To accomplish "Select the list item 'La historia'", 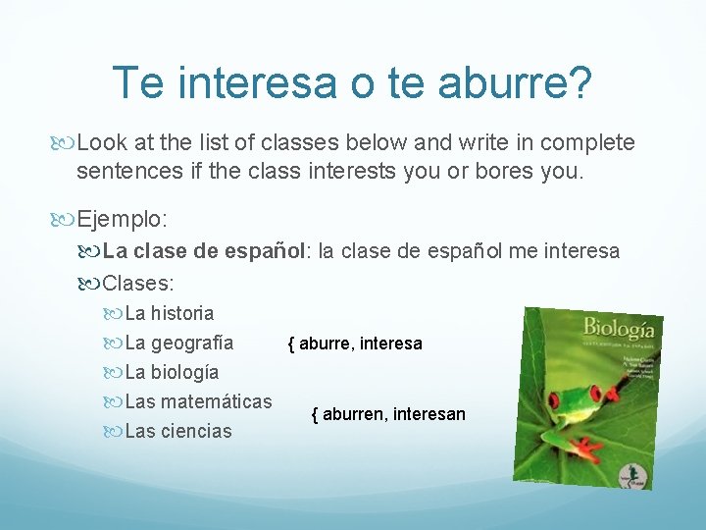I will pyautogui.click(x=170, y=313).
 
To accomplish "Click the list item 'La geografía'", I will pyautogui.click(x=179, y=343).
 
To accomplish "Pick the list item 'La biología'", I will pyautogui.click(x=173, y=372).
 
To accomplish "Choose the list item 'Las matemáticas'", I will pyautogui.click(x=199, y=401).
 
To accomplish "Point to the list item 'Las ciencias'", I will pyautogui.click(x=178, y=431).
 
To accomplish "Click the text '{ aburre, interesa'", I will pyautogui.click(x=354, y=344).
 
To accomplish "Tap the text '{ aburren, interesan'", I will pyautogui.click(x=388, y=414).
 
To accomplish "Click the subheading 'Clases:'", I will pyautogui.click(x=138, y=284).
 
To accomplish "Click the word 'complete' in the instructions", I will pyautogui.click(x=586, y=143).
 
